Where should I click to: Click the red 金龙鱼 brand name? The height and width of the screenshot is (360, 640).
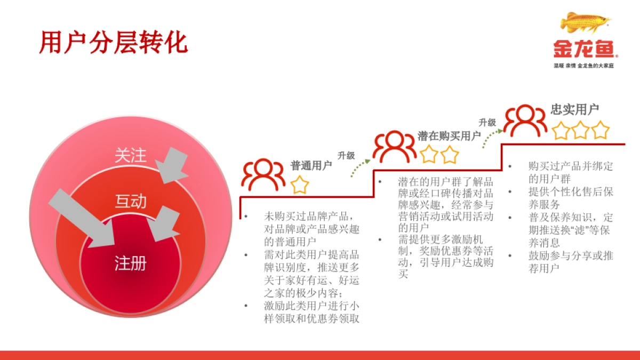coord(584,50)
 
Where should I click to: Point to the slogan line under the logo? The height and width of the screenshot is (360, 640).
coord(584,65)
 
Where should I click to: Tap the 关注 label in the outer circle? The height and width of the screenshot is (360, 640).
coord(130,155)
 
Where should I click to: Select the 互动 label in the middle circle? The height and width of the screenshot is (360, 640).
coord(130,201)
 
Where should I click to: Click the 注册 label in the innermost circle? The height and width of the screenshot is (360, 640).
coord(130,262)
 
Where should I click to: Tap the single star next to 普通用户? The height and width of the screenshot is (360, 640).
coord(300,185)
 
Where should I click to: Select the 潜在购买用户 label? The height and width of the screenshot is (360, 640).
coord(449,136)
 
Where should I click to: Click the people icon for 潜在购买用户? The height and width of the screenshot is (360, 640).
coord(394,146)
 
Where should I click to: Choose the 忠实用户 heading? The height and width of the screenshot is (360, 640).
coord(574,109)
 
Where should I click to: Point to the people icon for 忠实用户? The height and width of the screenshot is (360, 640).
coord(525,121)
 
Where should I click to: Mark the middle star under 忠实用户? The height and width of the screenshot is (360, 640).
coord(580,130)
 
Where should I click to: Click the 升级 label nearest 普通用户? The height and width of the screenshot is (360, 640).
coord(346,156)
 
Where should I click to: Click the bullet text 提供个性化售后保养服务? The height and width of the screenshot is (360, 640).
coord(570,198)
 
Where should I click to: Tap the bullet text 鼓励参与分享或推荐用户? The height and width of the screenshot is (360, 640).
coord(570,262)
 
